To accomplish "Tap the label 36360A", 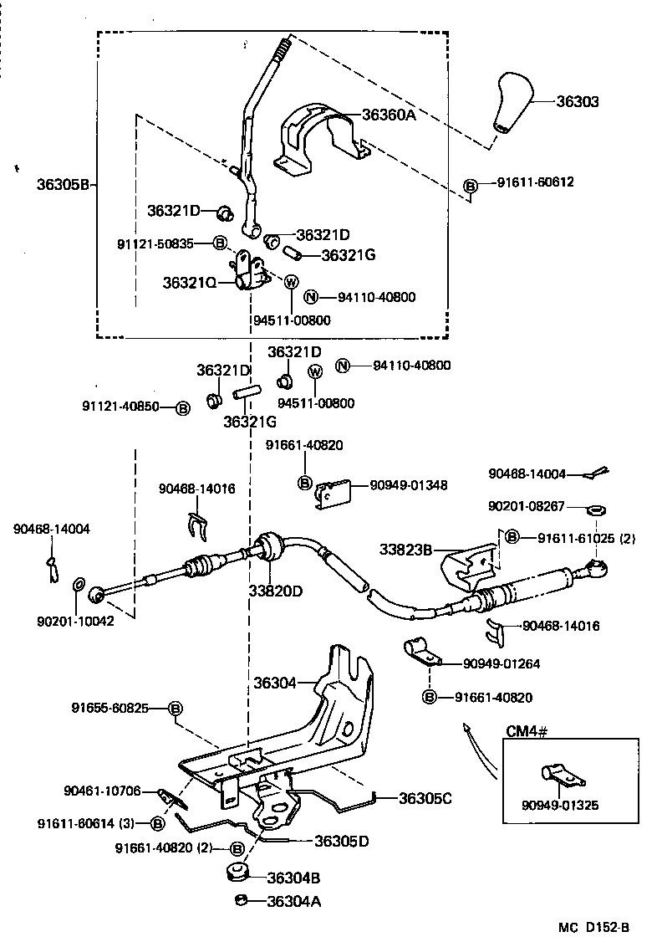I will [389, 115].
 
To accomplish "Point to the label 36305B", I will [62, 184].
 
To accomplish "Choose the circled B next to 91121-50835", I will [220, 243].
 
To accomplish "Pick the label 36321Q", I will [190, 283].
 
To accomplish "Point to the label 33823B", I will [405, 550].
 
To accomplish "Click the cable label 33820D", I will [274, 591].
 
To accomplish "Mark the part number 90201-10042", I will [74, 622].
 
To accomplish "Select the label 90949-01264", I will [502, 663].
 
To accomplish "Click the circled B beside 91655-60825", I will [176, 709].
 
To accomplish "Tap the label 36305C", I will [425, 798].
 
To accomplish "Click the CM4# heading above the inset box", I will [527, 732].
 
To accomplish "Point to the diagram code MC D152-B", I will [594, 927].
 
